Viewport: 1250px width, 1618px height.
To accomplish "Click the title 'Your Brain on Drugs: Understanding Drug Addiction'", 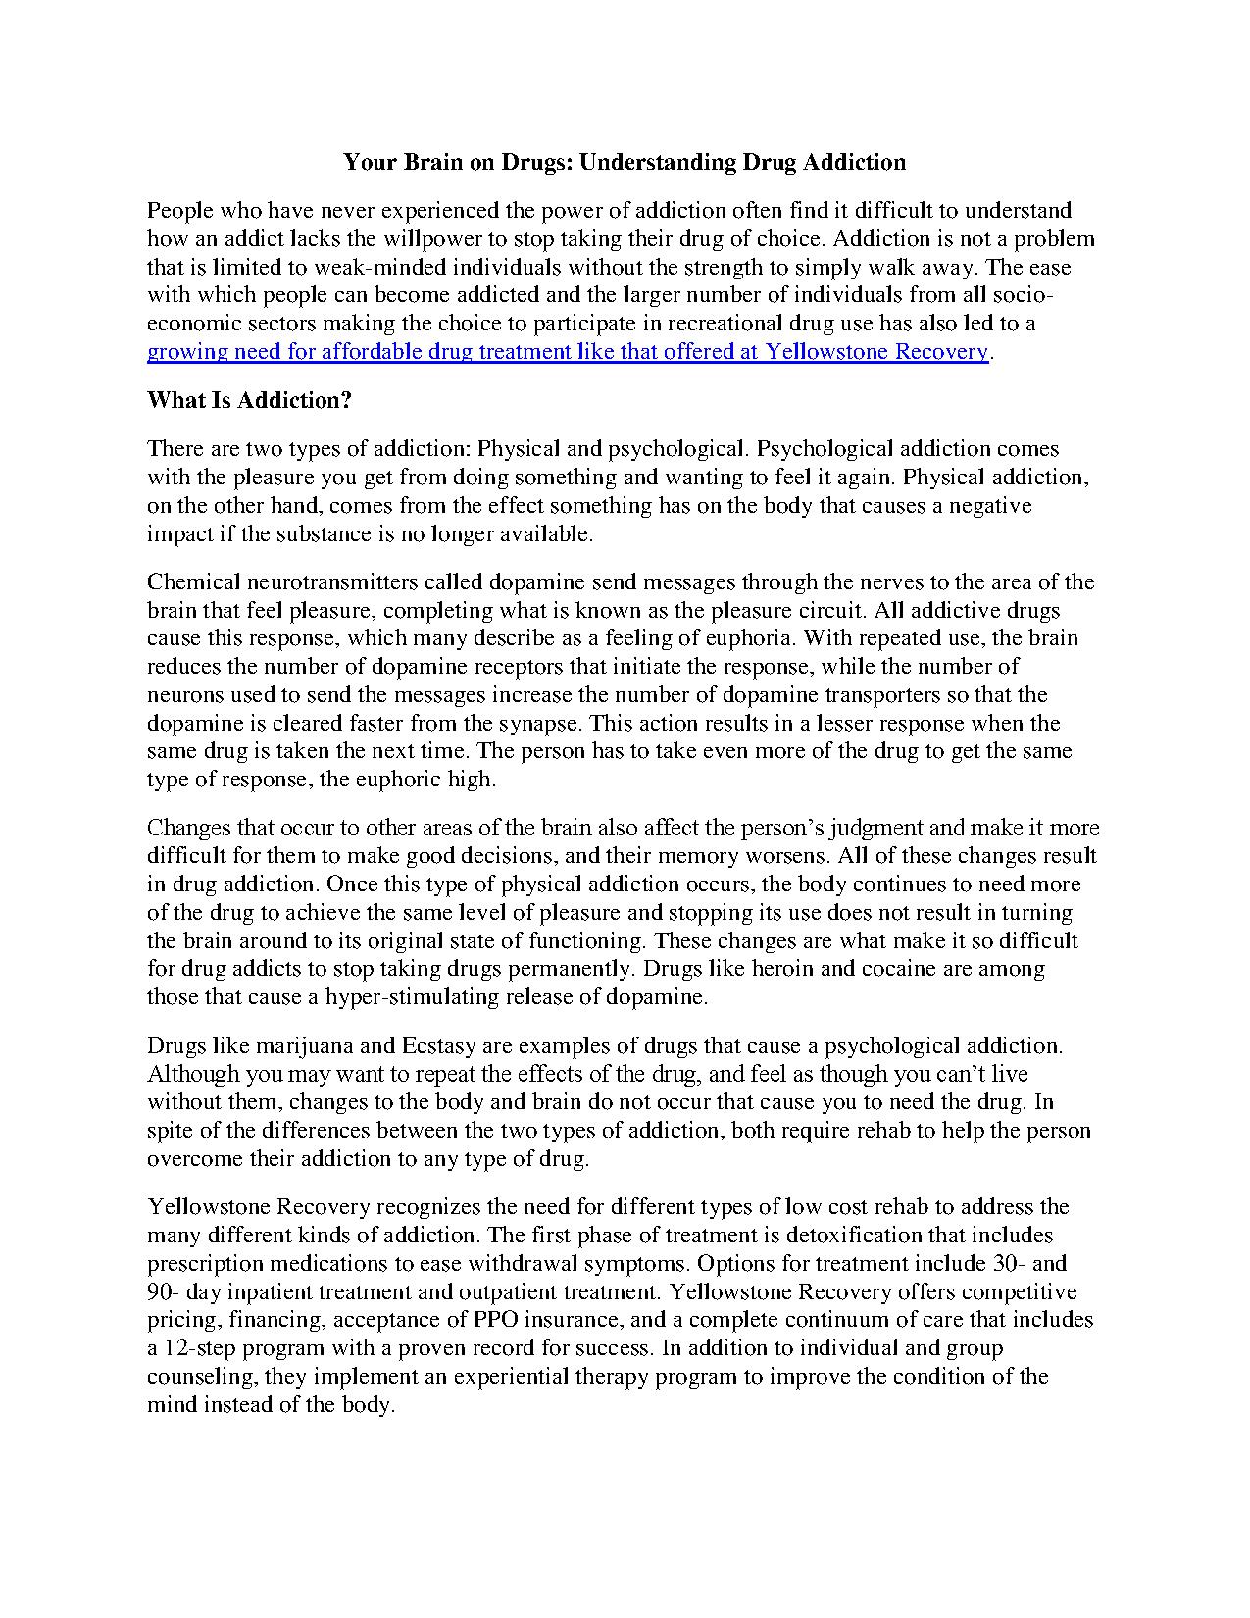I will tap(625, 162).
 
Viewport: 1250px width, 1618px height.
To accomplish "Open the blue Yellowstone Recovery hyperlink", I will tap(568, 352).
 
